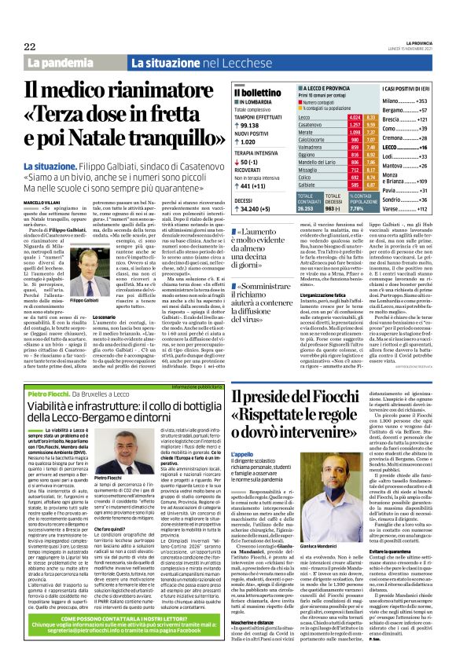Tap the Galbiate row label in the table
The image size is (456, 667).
click(309, 185)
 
